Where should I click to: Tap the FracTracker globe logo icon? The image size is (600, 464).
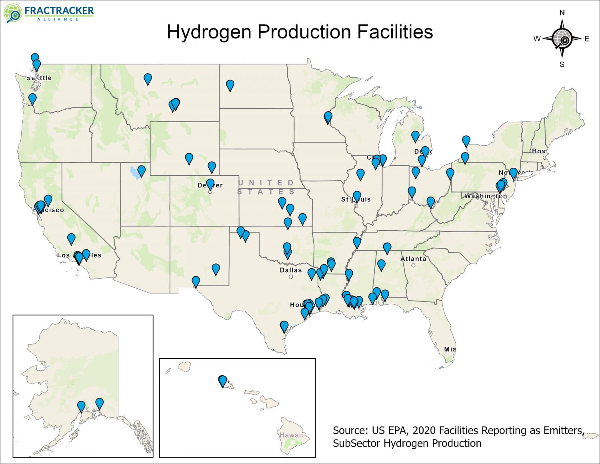13,13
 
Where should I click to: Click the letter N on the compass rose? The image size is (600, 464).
562,13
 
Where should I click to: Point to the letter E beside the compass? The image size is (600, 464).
587,39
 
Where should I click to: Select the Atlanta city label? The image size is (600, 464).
413,259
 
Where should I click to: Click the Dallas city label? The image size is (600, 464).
291,270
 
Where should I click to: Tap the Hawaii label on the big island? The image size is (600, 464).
291,435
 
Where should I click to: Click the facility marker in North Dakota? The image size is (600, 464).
230,85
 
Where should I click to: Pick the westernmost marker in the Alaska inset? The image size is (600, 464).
81,406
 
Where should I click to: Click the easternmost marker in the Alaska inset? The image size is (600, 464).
99,404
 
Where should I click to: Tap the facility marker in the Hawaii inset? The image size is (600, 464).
222,381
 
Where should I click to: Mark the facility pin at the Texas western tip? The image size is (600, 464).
196,281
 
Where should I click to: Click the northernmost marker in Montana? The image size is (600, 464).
148,79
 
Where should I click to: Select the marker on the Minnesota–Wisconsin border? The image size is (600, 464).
328,117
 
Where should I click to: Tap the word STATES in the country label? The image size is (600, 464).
266,192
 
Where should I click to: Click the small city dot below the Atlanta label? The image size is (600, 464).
413,265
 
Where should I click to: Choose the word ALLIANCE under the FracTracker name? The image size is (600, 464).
58,19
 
